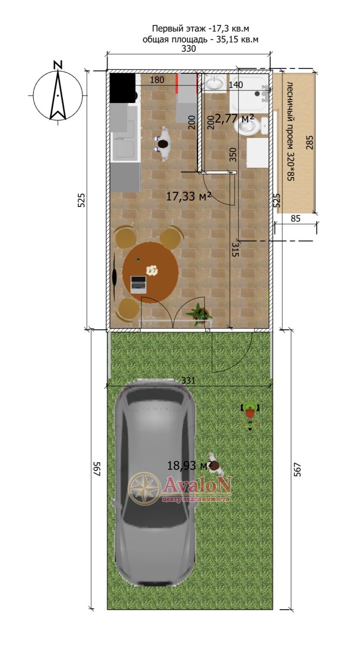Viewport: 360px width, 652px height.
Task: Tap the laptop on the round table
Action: (x=138, y=284)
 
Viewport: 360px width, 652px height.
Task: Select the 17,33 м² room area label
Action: (x=188, y=196)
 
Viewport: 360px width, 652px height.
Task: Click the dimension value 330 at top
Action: (x=188, y=49)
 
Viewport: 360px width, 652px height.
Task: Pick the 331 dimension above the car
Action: (x=188, y=380)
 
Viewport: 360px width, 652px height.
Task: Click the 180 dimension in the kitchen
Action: (x=157, y=80)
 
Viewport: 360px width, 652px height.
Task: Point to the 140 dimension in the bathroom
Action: (x=235, y=85)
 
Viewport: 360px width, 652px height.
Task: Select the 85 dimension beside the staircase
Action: (x=295, y=218)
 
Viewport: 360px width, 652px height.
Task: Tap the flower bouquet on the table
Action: (x=152, y=270)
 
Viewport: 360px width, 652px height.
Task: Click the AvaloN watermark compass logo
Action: (x=145, y=488)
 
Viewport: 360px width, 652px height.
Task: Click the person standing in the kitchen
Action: (x=163, y=144)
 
